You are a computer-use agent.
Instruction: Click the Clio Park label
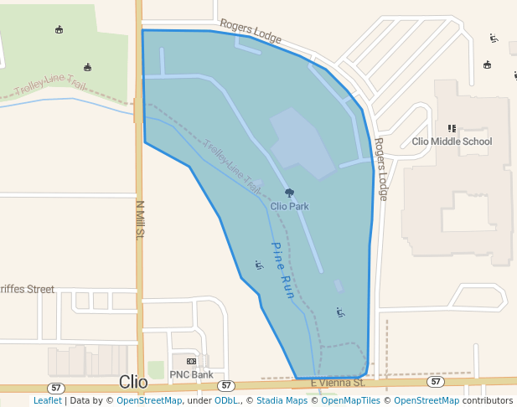(x=289, y=205)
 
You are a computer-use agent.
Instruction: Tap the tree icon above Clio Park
(x=289, y=193)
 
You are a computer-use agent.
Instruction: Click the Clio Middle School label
(x=452, y=142)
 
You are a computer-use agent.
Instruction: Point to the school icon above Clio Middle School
(x=452, y=128)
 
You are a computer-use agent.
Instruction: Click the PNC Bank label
(x=191, y=374)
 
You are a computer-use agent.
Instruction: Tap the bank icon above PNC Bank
(x=191, y=361)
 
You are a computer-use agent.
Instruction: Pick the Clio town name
(x=133, y=382)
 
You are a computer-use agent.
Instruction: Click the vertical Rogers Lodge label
(x=381, y=169)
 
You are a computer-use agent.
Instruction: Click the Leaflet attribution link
(x=47, y=401)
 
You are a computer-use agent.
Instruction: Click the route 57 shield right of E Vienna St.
(x=435, y=382)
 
